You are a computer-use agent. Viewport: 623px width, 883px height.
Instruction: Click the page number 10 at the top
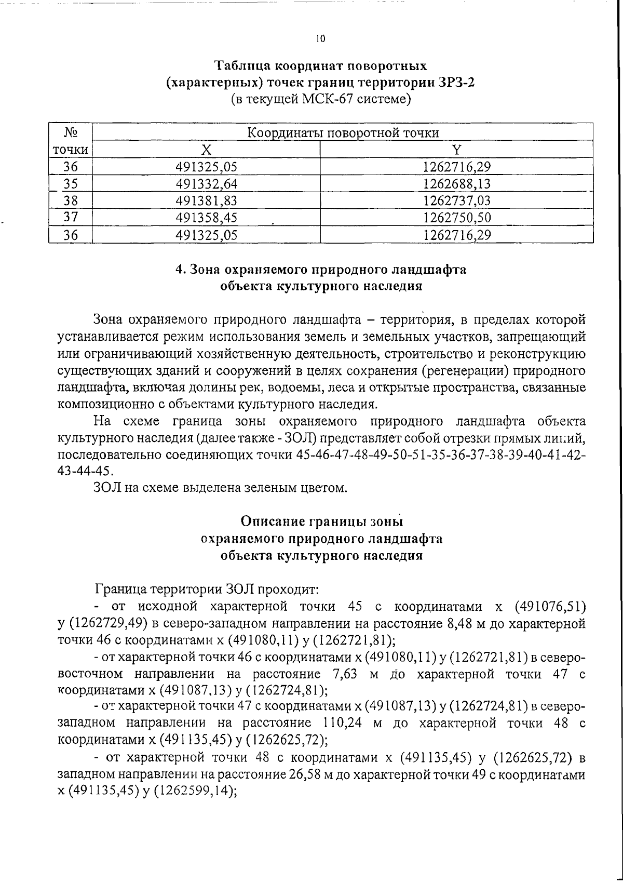click(x=320, y=38)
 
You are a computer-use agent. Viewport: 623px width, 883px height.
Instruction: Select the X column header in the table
click(x=206, y=150)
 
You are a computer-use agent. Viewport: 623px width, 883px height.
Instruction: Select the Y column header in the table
click(x=456, y=150)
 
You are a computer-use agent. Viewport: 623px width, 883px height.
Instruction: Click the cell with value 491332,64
click(x=206, y=184)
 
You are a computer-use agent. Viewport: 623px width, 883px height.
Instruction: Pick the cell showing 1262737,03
click(x=456, y=201)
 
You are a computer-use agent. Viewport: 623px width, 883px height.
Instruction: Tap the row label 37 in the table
click(x=70, y=218)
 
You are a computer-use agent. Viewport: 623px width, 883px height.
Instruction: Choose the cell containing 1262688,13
click(x=456, y=184)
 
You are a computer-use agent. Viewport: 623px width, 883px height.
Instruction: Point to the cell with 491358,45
click(x=206, y=218)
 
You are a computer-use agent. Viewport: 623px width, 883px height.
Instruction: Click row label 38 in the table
click(x=70, y=201)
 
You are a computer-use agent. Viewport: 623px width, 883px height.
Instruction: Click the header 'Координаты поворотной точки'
click(x=342, y=133)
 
